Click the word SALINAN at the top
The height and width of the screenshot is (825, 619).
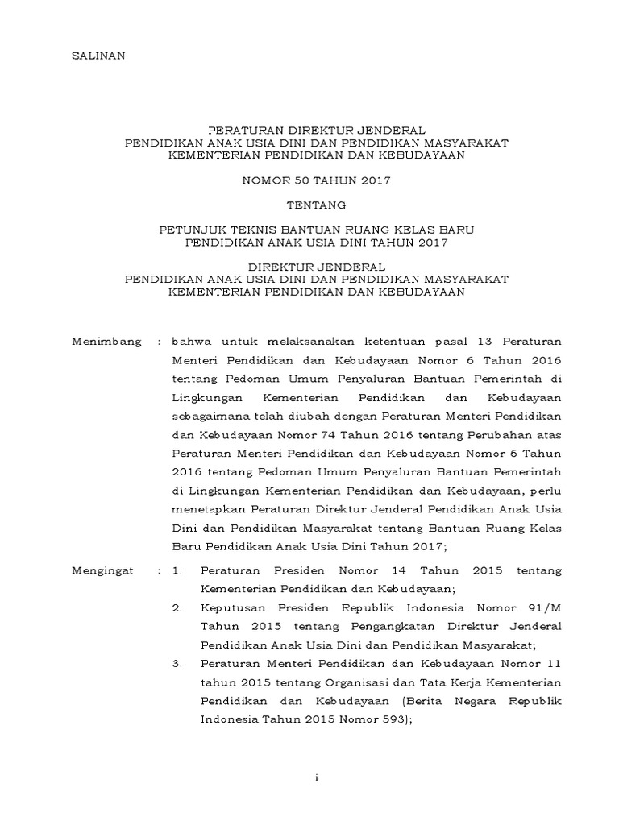point(95,56)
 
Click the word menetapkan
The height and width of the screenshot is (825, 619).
point(208,509)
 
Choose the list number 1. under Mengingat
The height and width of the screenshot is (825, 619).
point(179,570)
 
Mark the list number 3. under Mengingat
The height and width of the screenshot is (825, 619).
point(179,664)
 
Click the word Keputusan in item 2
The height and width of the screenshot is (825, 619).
point(232,607)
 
